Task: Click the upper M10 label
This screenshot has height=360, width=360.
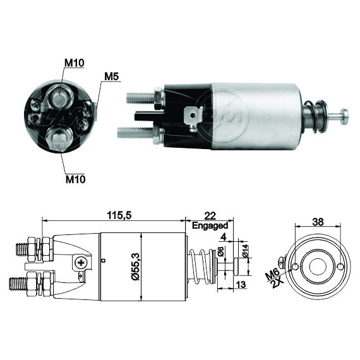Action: coord(75,63)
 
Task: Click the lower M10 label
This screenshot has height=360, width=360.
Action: coord(76,179)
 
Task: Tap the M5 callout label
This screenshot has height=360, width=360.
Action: coord(112,76)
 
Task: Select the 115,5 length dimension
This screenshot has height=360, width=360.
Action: coord(119,215)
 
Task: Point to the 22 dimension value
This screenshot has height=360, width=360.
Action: coord(210,216)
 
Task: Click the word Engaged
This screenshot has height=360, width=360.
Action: coord(210,225)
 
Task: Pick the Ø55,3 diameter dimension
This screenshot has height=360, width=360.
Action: coord(136,267)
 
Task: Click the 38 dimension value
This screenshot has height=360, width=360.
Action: coord(318,222)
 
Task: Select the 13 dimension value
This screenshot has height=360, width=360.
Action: coord(241,284)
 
